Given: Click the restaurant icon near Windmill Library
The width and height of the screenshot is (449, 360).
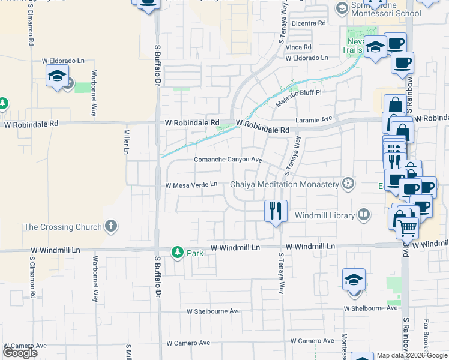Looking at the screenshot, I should [276, 211].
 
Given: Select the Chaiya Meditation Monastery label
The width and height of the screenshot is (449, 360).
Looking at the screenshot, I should [285, 184].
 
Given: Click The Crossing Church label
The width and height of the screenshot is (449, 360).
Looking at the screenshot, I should [62, 227].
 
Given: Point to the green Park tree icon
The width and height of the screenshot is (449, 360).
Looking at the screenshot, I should [177, 252].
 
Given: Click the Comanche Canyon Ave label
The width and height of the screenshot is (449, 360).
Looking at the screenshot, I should [228, 160].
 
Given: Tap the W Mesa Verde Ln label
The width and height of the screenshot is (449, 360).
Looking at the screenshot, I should [191, 185].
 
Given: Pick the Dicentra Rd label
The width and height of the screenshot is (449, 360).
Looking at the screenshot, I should [308, 23].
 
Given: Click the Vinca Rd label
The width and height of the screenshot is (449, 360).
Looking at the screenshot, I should [298, 47].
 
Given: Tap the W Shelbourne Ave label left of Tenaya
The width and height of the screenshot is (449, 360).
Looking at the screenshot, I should [213, 311].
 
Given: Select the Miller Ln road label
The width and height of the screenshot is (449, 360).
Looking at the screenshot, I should [127, 142].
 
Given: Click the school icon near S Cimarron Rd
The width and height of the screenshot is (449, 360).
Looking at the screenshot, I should [57, 76].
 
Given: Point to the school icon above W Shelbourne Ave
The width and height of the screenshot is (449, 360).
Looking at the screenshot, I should [354, 281].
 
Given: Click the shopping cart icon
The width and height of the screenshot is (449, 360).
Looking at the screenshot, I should [408, 227].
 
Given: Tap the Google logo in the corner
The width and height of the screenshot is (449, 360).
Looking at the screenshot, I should [20, 353].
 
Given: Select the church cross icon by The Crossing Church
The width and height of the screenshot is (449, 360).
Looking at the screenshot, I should [109, 226].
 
